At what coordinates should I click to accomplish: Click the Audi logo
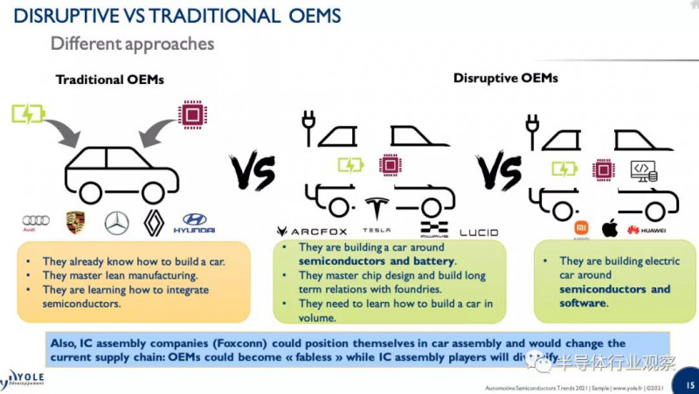(x=36, y=222)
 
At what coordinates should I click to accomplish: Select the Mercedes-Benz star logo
(x=116, y=223)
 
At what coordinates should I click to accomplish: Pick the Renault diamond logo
(x=154, y=222)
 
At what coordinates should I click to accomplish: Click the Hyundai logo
(x=194, y=222)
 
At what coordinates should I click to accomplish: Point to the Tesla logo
(x=378, y=211)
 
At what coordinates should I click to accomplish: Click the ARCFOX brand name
(x=312, y=232)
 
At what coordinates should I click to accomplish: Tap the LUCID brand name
(x=478, y=232)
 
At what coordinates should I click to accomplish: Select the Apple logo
(x=610, y=229)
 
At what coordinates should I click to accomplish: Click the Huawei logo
(x=646, y=229)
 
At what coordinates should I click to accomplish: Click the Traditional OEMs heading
(x=109, y=79)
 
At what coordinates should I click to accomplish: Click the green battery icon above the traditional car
(x=28, y=114)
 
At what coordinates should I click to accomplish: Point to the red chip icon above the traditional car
(x=191, y=114)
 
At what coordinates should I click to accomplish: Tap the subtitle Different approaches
(x=132, y=42)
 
